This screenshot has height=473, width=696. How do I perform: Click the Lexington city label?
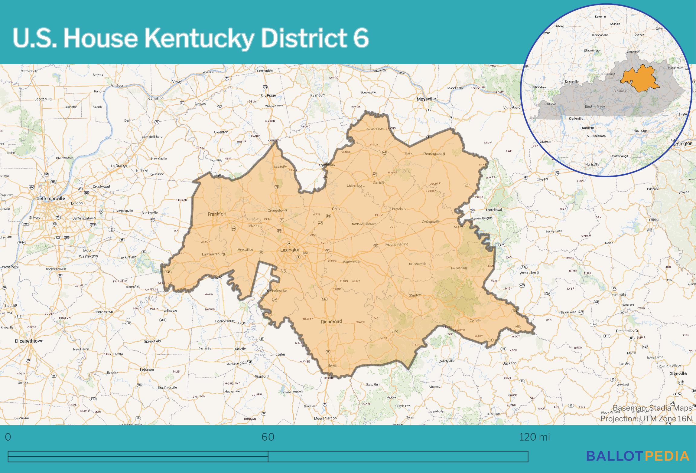click(290, 250)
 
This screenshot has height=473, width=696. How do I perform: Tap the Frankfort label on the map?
click(217, 214)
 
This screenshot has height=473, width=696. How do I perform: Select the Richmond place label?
click(331, 321)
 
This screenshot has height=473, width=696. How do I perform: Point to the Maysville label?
click(426, 99)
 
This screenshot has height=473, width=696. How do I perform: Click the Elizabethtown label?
click(29, 341)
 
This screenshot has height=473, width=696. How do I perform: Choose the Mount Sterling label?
click(397, 244)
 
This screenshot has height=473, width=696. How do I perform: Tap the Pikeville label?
click(678, 374)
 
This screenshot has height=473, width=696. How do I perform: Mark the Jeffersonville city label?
click(51, 199)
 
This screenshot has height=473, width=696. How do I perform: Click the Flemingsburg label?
click(434, 154)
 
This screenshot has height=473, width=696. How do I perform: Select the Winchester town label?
click(352, 262)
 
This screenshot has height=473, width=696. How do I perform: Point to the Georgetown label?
click(277, 210)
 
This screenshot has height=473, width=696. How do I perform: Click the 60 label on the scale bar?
click(268, 437)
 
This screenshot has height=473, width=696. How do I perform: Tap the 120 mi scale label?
click(534, 437)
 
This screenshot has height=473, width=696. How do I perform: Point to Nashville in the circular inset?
click(588, 128)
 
